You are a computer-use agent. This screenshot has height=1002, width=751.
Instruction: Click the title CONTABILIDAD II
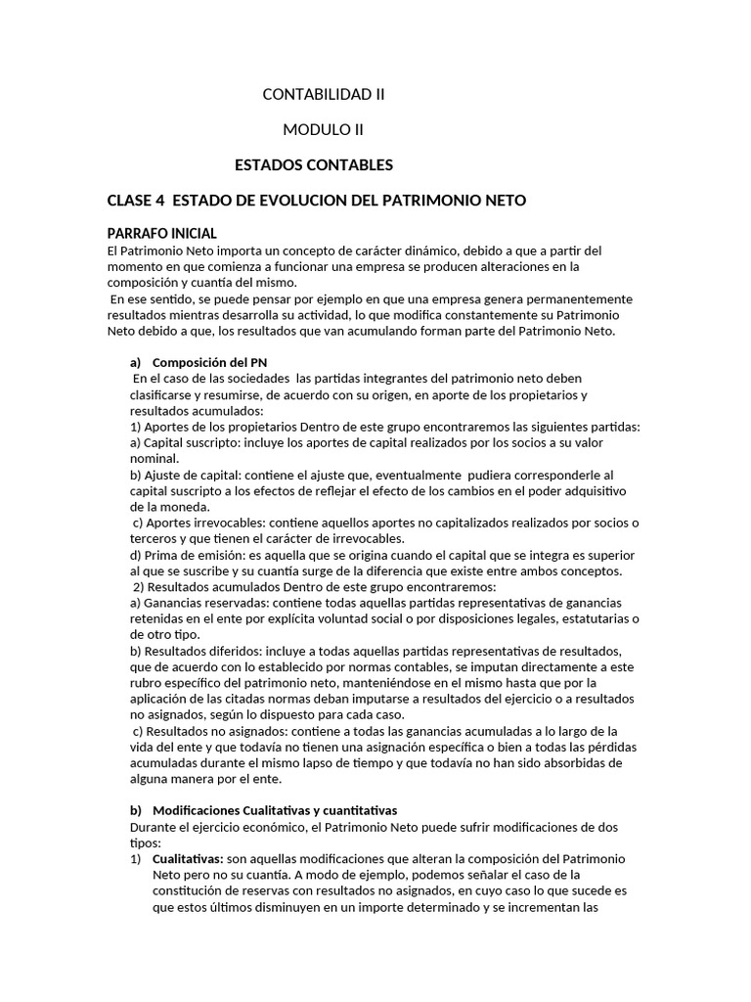(324, 95)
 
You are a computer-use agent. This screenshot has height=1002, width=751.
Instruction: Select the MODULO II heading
(324, 129)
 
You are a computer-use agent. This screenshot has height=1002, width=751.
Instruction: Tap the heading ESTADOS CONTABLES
(314, 164)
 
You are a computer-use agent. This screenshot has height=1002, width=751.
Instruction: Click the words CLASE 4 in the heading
(136, 201)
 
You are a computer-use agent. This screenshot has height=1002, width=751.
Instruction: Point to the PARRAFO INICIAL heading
(161, 233)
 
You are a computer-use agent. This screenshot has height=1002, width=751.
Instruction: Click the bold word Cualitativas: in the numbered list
(189, 858)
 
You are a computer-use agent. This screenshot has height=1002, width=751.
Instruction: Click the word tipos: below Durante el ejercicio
(122, 843)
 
